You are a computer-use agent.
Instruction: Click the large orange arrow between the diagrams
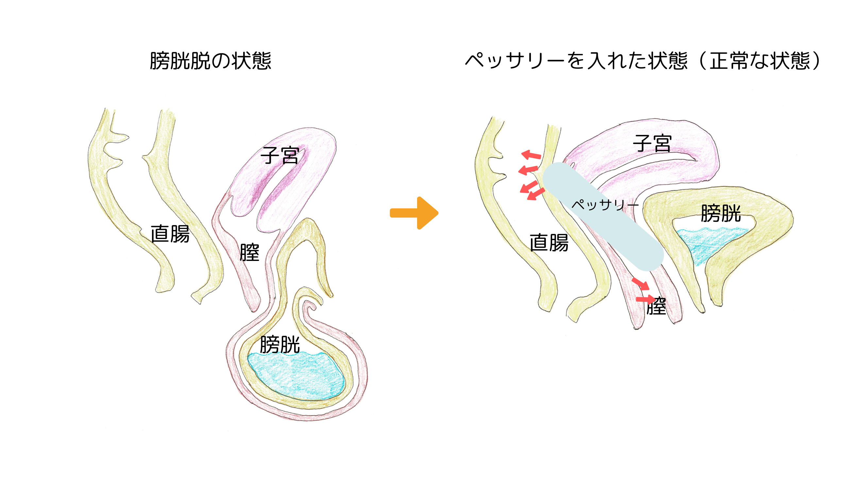[415, 213]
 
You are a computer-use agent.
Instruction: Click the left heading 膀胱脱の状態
[211, 61]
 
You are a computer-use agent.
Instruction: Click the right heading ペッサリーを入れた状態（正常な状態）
[643, 61]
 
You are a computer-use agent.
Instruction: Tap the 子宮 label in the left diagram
[280, 156]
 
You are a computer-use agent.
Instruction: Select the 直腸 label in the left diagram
[170, 234]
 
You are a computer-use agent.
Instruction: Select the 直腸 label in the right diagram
[549, 243]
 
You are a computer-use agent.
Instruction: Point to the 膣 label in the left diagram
[249, 252]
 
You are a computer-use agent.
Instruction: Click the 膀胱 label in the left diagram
[280, 345]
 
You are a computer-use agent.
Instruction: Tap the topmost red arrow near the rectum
[531, 155]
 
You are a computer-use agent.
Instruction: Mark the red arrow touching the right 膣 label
[645, 299]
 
